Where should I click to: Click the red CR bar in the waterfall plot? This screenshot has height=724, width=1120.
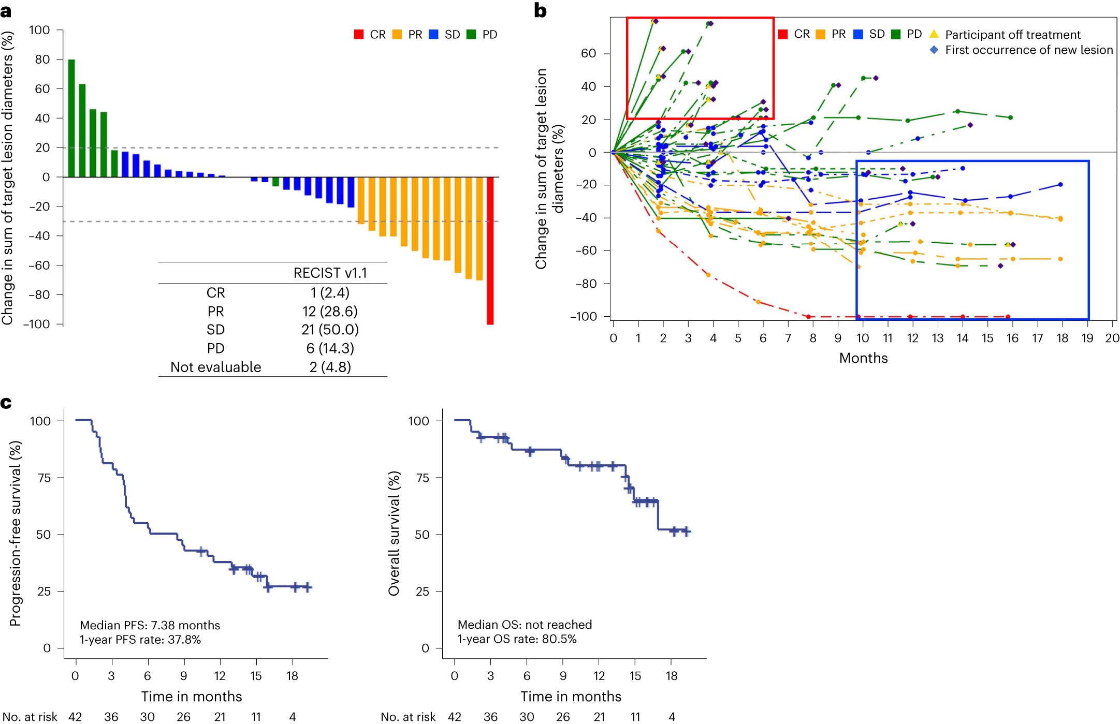490,250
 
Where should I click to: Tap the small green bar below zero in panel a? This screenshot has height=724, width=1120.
275,182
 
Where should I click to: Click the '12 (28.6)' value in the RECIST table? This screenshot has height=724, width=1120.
330,311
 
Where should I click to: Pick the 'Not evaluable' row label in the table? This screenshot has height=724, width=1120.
215,367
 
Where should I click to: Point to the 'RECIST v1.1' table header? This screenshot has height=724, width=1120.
330,273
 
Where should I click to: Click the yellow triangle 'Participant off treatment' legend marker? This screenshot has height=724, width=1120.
934,34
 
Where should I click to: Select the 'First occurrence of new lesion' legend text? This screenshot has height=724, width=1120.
1028,50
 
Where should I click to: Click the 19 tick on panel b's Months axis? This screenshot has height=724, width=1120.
1087,338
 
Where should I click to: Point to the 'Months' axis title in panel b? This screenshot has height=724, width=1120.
863,358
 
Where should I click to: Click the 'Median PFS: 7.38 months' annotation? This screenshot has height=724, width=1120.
150,625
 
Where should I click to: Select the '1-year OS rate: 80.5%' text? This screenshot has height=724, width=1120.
517,639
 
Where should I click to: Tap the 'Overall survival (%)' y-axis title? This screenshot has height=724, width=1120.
394,533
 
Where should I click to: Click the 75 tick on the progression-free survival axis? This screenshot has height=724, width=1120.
45,478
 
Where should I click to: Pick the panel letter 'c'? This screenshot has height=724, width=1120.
6,403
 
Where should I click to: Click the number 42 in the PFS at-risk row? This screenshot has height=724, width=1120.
75,717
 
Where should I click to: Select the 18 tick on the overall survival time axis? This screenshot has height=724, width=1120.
671,676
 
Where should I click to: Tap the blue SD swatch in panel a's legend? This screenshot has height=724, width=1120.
434,34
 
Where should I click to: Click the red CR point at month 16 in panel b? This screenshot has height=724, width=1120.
1008,316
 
